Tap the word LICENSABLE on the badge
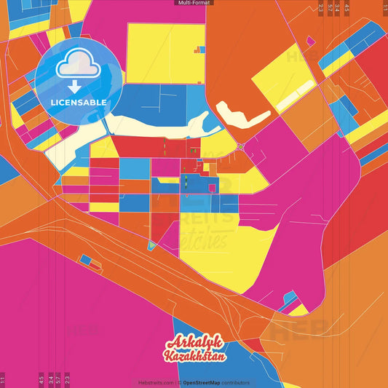79,103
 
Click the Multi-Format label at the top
194,3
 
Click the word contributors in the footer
236,382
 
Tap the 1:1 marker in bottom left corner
3,380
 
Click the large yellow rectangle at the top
165,52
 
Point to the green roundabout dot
239,146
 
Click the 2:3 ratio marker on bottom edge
67,380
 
